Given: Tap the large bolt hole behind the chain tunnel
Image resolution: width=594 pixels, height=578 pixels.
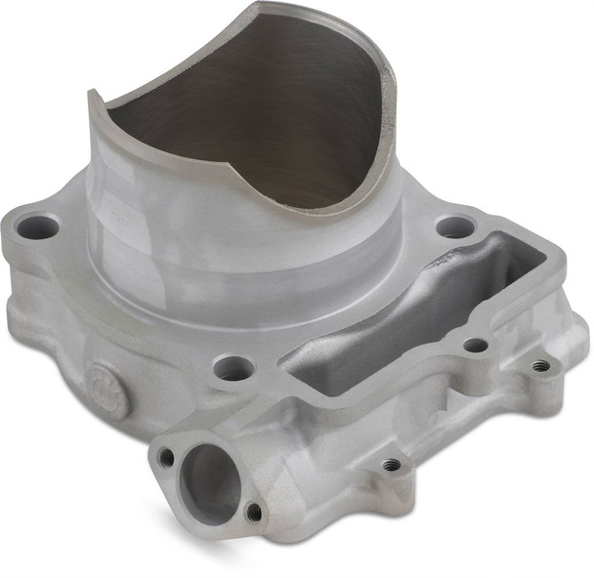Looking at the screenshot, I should (454, 227).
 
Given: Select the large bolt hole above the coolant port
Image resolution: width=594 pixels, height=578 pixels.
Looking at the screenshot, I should (233, 368).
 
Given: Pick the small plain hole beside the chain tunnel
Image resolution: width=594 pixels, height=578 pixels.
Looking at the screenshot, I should (476, 345).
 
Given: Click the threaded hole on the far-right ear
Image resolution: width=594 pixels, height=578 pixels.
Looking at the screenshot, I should (540, 366).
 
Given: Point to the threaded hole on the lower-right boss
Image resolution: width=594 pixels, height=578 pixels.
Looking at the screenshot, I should (391, 464).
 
